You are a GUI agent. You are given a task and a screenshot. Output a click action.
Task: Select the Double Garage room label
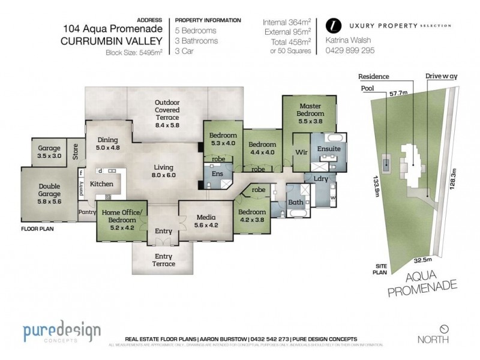tap(50, 190)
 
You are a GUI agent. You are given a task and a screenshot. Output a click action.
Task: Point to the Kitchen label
tap(101, 184)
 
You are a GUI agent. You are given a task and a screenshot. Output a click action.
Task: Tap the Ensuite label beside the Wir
tap(329, 148)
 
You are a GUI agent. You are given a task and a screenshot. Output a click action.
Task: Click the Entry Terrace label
tap(163, 260)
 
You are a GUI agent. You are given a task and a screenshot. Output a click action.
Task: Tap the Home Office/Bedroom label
tap(121, 216)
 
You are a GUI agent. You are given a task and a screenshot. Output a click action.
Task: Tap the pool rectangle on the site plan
tap(387, 162)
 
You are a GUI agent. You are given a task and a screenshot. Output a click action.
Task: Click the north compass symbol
tap(444, 329)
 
